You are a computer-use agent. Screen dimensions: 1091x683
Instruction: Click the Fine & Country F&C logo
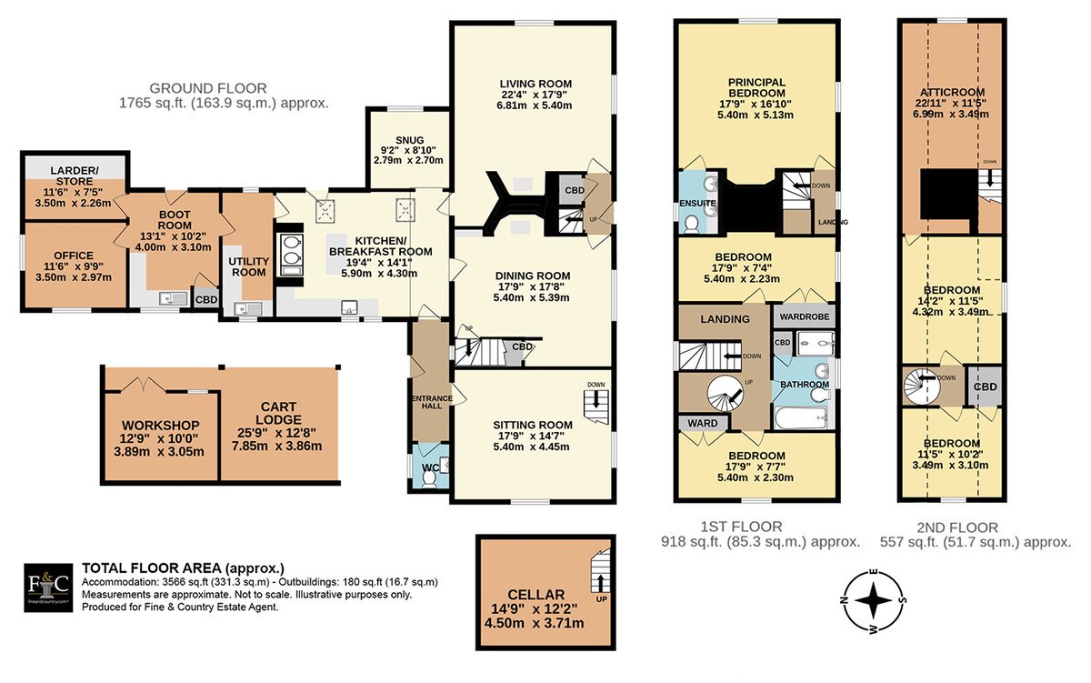coord(48,588)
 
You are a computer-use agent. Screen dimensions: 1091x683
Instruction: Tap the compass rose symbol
coord(873,601)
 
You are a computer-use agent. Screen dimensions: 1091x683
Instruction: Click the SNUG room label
coord(410,140)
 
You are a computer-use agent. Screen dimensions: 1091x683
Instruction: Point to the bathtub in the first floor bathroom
coord(801,417)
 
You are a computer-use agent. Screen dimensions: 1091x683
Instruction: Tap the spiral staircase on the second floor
coord(922,386)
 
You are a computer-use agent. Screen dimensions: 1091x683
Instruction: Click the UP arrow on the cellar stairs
coord(600,581)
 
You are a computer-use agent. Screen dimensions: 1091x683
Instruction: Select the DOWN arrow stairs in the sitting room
coord(596,400)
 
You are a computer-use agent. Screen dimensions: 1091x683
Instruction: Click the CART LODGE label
coord(278,413)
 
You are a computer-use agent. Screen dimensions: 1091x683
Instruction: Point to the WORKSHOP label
coord(160,426)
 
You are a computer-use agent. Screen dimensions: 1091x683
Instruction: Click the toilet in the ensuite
coord(691,224)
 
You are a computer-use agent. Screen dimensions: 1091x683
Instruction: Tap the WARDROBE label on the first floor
coord(804,316)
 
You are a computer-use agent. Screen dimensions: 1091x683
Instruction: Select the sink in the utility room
coord(247,309)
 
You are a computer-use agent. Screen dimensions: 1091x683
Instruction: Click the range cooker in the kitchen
coord(290,256)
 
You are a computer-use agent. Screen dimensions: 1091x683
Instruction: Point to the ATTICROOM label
coord(952,92)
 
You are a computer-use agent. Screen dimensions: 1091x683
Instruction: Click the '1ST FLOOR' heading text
coord(741,527)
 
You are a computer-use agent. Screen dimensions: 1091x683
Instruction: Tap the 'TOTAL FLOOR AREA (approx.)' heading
coord(183,568)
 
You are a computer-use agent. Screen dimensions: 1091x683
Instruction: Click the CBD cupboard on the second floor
coord(985,386)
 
